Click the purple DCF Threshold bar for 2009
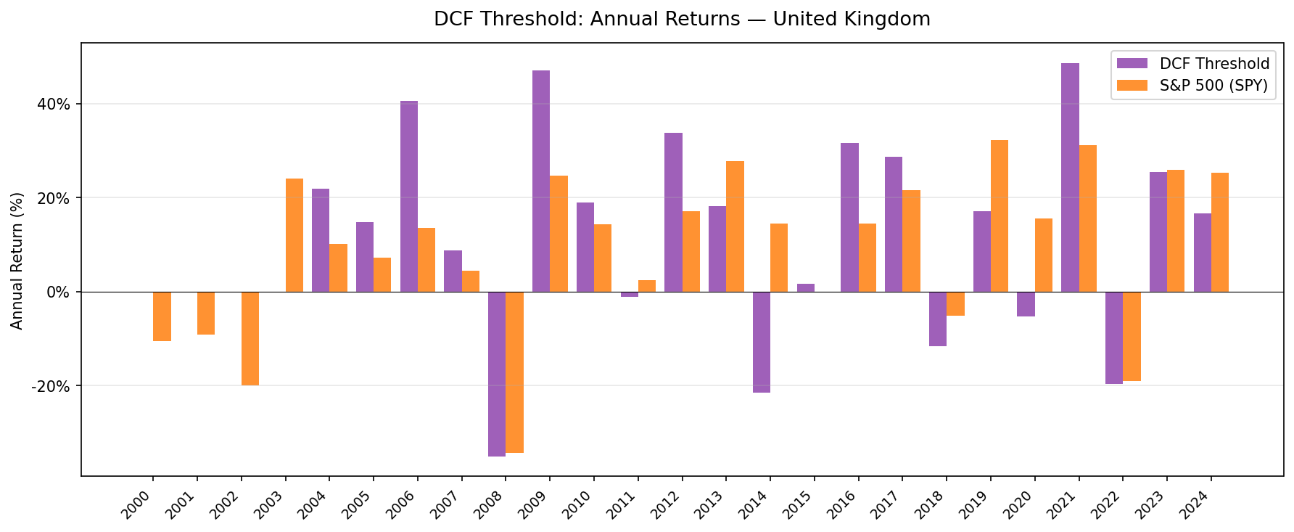point(541,181)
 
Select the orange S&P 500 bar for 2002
point(250,338)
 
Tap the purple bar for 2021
point(1070,178)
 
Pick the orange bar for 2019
point(1000,216)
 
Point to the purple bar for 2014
point(762,342)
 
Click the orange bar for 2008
point(514,372)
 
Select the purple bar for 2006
point(409,197)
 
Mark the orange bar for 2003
point(294,235)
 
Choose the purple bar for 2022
point(1114,337)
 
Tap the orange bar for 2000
point(162,316)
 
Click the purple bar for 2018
point(938,319)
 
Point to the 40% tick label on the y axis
point(54,104)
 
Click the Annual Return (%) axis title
point(17,260)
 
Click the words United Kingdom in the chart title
point(852,19)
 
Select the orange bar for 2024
point(1220,232)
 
